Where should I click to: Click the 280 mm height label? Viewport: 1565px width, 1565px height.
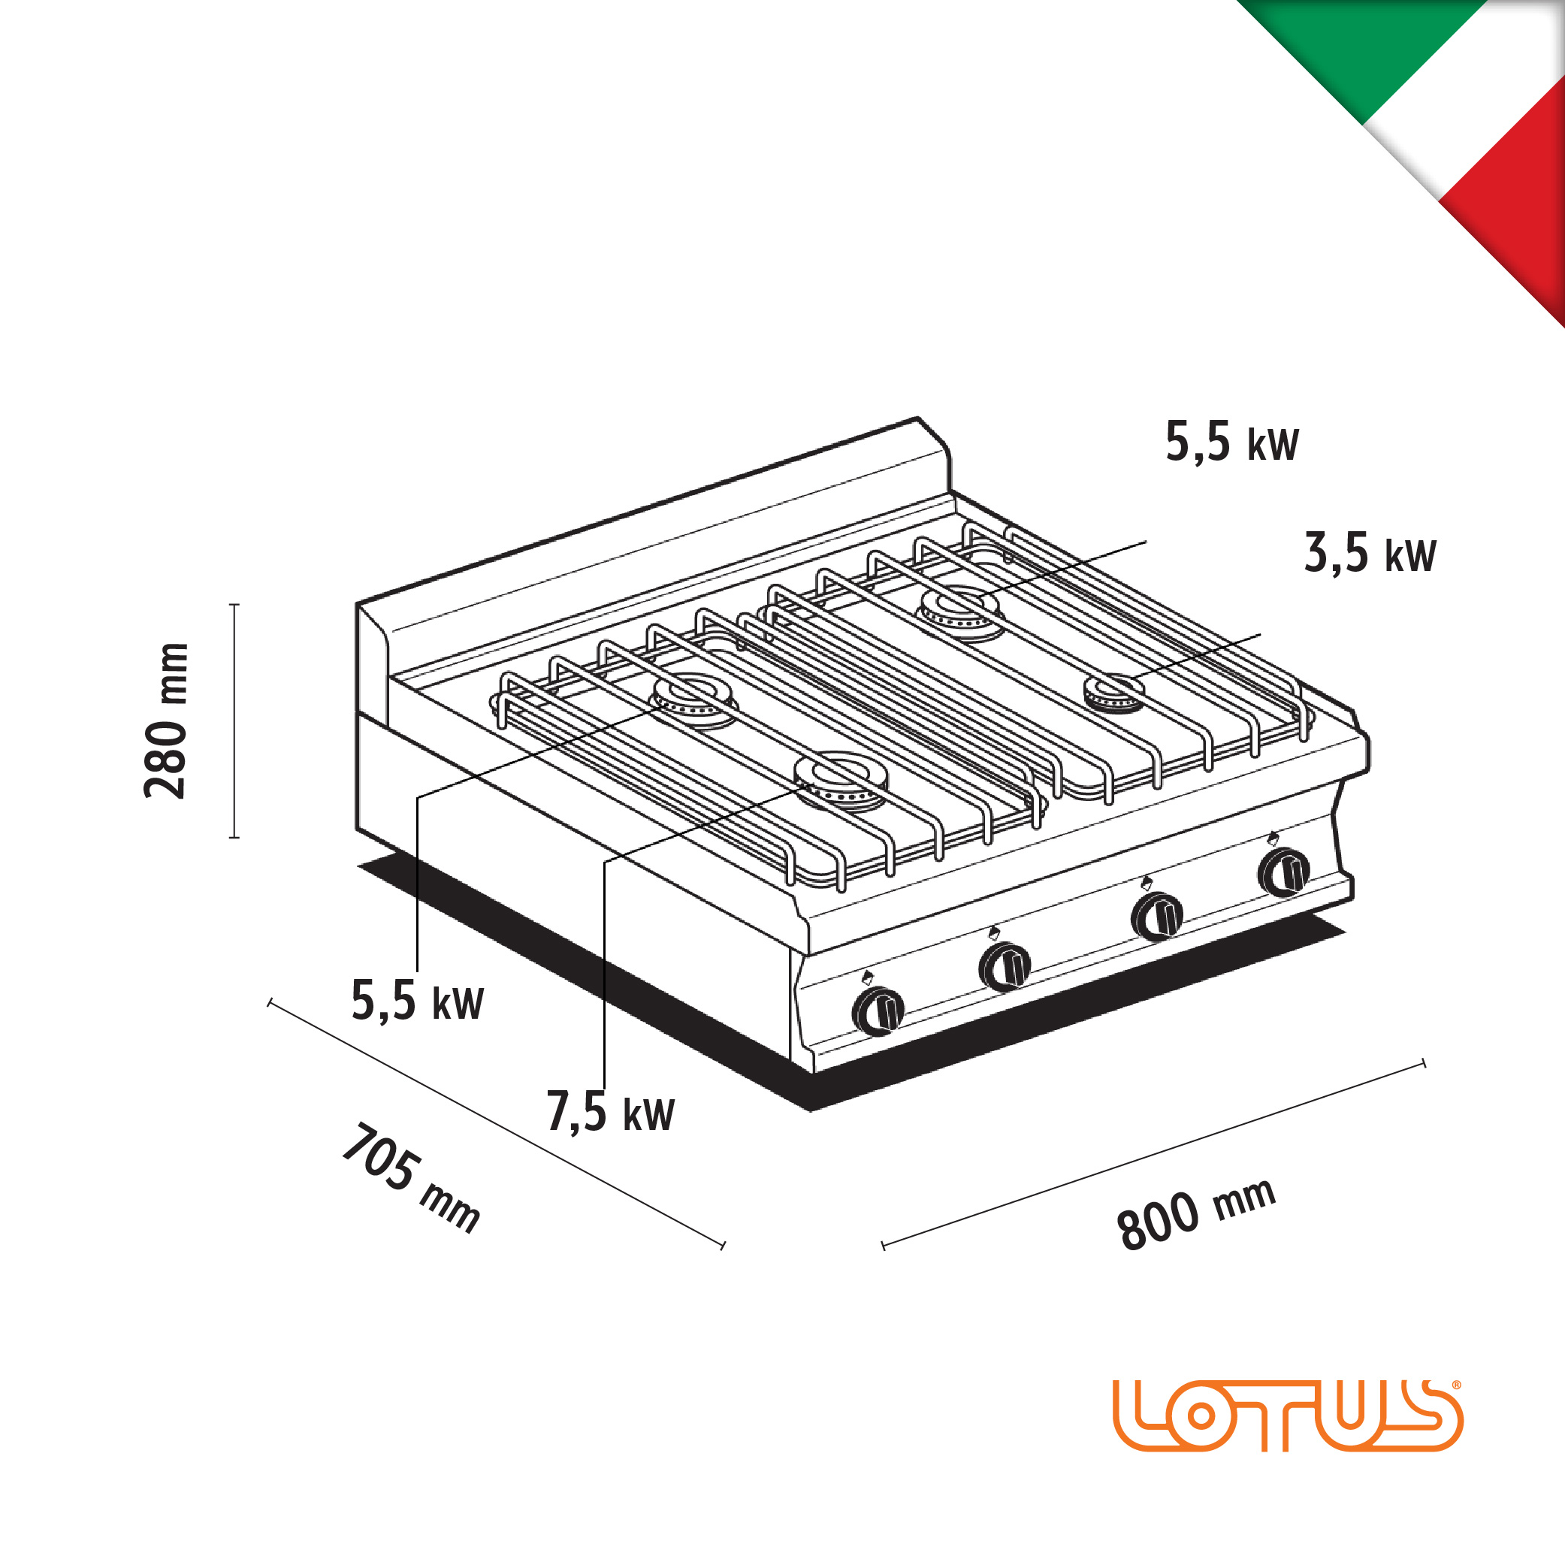pos(166,722)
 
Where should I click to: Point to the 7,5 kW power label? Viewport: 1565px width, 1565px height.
pos(611,1111)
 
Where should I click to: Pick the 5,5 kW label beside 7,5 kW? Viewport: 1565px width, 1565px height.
pos(417,1001)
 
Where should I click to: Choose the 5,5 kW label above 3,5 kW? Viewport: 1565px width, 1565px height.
pos(1232,442)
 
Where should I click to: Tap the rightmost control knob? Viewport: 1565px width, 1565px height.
pos(1284,872)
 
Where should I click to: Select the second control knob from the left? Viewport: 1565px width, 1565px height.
pos(1005,966)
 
